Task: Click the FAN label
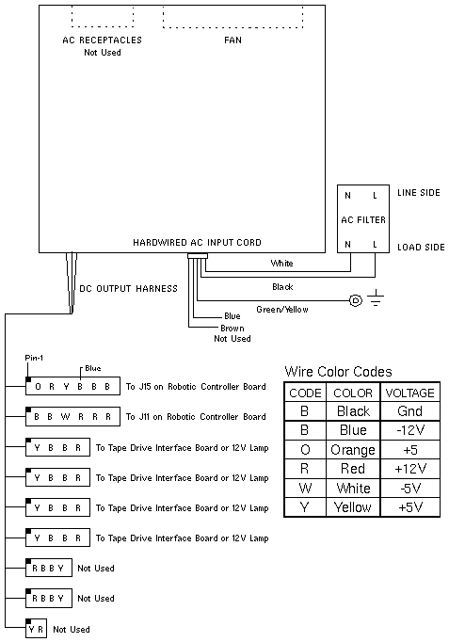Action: coord(233,40)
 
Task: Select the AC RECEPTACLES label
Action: coord(103,40)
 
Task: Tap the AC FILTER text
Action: coord(363,220)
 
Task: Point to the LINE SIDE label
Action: coord(419,192)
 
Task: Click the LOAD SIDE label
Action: coord(421,248)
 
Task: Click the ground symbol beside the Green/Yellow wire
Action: coord(376,298)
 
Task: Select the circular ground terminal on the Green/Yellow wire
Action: coord(356,301)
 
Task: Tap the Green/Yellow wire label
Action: coord(282,310)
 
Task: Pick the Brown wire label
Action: coord(233,329)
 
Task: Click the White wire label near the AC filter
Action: coord(281,264)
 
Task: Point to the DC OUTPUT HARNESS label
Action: coord(129,289)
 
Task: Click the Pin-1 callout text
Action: coord(34,358)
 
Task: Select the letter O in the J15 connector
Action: coord(38,387)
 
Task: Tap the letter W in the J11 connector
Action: coord(65,417)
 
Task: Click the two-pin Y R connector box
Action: coord(36,629)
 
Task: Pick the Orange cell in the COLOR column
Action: coord(353,450)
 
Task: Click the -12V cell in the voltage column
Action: coord(410,430)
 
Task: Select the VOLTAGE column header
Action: coord(410,393)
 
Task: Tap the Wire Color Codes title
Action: coord(338,372)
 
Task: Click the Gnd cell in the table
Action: coord(410,411)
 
